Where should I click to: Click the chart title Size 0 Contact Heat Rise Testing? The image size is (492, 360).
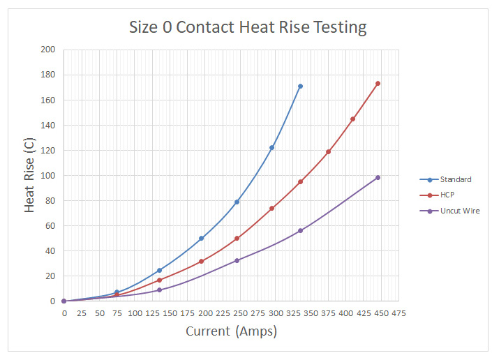click(x=248, y=28)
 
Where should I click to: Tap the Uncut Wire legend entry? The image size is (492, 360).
click(x=459, y=211)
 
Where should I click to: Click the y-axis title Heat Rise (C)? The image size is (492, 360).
click(x=30, y=174)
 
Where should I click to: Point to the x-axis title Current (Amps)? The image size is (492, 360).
click(x=231, y=331)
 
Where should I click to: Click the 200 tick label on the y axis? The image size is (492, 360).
click(x=48, y=50)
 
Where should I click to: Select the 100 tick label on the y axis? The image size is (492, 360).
click(x=48, y=176)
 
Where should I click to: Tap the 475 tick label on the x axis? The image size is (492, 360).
click(x=398, y=313)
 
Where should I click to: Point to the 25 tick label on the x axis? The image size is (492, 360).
click(x=82, y=313)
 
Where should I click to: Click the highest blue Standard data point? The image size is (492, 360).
click(x=300, y=87)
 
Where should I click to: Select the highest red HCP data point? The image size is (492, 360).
click(x=378, y=84)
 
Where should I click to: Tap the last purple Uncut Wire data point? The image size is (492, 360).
click(x=378, y=177)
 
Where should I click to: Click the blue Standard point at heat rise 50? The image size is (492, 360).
click(x=201, y=239)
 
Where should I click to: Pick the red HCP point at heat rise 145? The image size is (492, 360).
click(x=352, y=119)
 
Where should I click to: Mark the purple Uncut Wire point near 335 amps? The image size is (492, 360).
click(x=300, y=231)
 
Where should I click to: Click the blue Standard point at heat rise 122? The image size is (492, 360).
click(x=271, y=148)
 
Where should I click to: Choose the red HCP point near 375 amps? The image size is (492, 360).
click(x=328, y=151)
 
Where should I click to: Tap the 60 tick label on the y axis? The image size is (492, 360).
click(x=50, y=226)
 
